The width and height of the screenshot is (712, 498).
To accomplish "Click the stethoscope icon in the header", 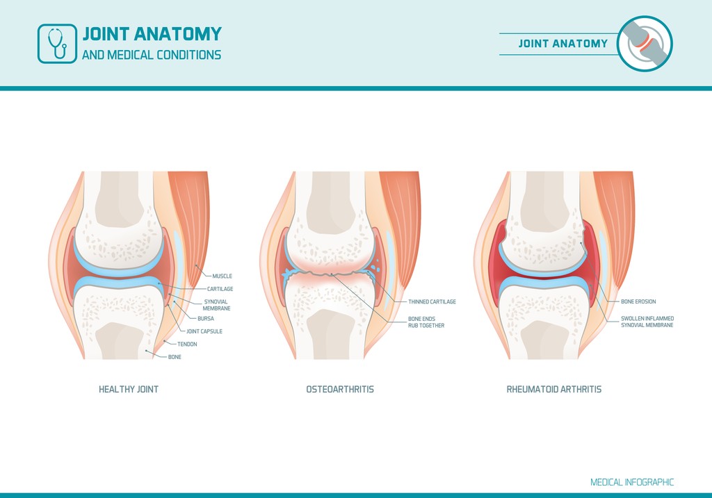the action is tap(57, 44).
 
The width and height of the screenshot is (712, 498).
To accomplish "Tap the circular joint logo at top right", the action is tap(645, 44).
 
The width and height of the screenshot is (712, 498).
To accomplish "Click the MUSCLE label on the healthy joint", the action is tap(222, 276).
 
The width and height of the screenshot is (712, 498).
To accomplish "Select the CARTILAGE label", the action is tap(220, 289).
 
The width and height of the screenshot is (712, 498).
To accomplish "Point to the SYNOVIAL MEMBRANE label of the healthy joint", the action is tap(217, 305).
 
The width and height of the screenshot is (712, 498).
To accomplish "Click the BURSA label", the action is tap(206, 318).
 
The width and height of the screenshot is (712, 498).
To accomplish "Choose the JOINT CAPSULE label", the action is tap(204, 331).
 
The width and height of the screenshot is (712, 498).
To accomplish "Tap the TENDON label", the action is tap(187, 345).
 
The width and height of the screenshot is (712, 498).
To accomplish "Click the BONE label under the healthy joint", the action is tap(175, 357).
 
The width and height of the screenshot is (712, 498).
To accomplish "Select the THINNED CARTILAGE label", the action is tap(432, 301).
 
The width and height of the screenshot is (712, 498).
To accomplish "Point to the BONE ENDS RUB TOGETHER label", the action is tap(426, 322).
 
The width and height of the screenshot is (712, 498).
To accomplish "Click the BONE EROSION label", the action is tap(638, 301).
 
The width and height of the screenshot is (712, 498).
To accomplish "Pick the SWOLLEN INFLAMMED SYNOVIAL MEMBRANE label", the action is tap(647, 322).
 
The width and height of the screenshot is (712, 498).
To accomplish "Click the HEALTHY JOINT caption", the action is tap(129, 389).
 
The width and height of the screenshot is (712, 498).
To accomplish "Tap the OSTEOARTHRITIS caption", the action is tap(340, 389).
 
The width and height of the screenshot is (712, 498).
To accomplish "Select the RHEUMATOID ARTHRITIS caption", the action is tap(554, 389).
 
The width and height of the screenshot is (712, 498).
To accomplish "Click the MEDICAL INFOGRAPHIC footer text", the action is tap(632, 482).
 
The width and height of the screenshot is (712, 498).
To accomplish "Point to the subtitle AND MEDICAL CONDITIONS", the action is tap(152, 55).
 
